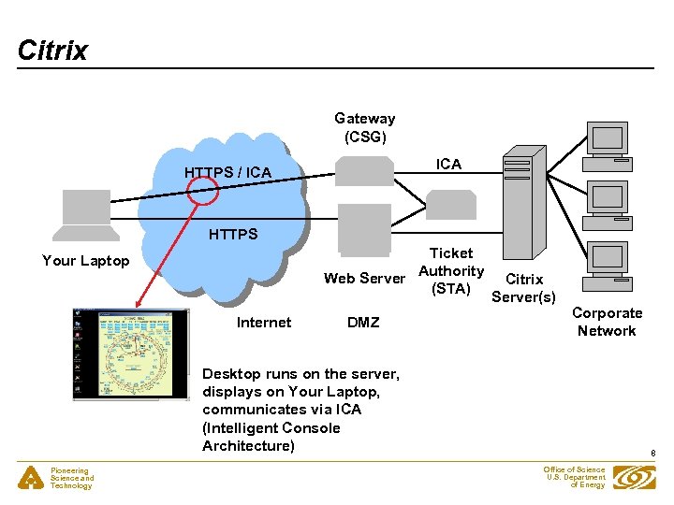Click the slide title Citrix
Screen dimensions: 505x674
pos(52,50)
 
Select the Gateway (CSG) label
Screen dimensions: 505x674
pos(364,127)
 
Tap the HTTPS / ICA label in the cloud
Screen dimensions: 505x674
pos(227,172)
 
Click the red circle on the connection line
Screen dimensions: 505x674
pos(201,189)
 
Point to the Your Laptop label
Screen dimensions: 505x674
pos(85,260)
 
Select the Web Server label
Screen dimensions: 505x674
pos(364,278)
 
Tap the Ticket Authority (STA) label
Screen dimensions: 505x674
pos(451,271)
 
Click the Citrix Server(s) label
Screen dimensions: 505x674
pos(523,288)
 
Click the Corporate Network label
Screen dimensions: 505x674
pos(607,322)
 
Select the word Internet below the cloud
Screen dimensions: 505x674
pos(264,323)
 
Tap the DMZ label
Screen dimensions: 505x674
pos(363,323)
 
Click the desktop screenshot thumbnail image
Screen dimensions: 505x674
pos(123,353)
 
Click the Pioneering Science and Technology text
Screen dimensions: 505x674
pos(72,479)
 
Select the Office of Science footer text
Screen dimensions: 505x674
pos(574,478)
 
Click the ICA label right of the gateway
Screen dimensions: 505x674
pos(449,165)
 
